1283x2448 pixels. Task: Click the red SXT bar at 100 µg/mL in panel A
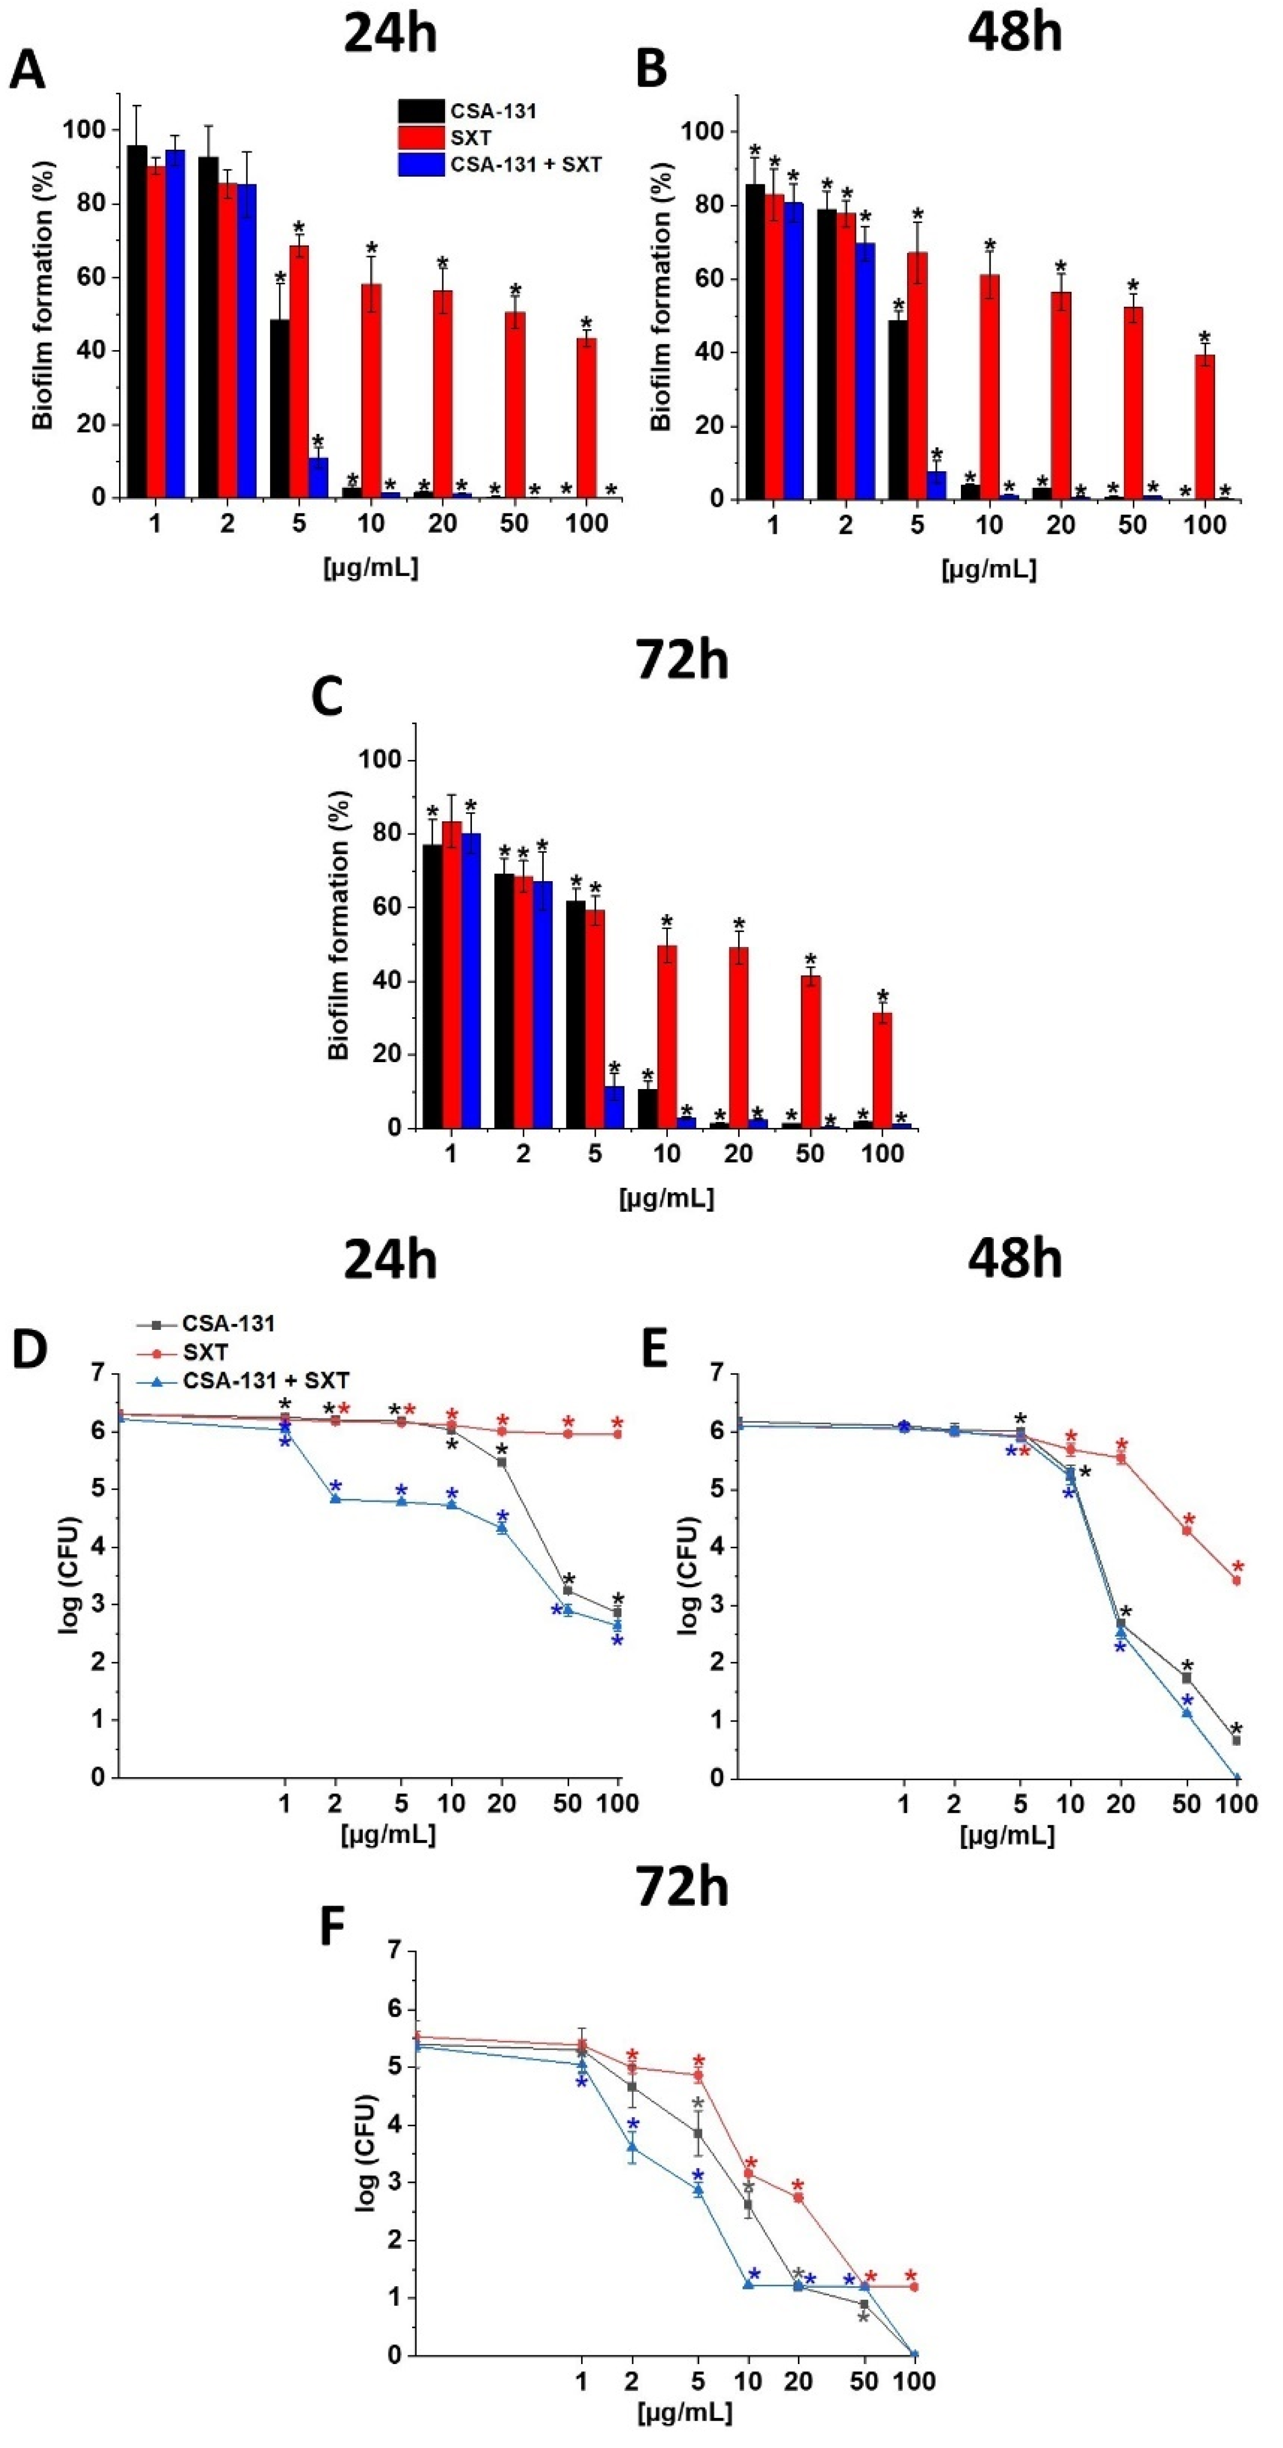(587, 418)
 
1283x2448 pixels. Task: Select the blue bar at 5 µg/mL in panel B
(937, 484)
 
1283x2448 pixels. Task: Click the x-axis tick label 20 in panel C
(739, 1154)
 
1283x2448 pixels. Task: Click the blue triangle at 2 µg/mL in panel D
(335, 1499)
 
